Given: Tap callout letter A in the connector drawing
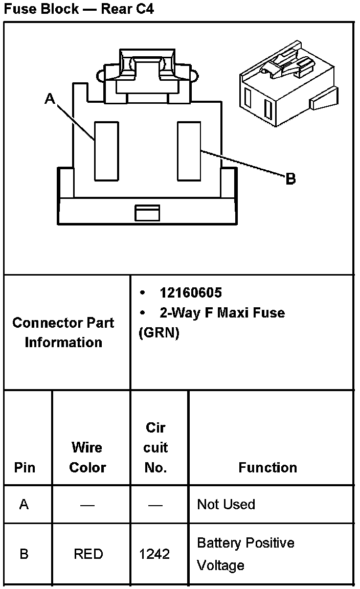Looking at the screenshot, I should tap(50, 99).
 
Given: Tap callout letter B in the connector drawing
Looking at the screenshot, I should tap(290, 179).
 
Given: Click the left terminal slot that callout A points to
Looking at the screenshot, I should tap(106, 151).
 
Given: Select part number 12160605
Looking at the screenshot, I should tap(191, 292).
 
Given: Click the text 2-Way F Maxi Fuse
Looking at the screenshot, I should tap(222, 312).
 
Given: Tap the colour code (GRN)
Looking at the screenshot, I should tap(159, 333).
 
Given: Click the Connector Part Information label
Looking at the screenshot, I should tap(63, 332).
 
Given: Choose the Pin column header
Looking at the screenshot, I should tap(25, 467).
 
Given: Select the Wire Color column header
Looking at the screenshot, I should tap(87, 457).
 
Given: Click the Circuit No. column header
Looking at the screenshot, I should tap(155, 447).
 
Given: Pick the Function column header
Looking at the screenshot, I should tap(267, 467).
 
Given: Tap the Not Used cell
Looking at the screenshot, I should tap(226, 505).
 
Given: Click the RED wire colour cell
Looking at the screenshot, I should tap(88, 554).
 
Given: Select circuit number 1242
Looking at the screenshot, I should tap(154, 554).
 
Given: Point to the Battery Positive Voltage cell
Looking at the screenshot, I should tap(245, 554).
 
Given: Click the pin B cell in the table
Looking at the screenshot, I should tap(24, 554).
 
